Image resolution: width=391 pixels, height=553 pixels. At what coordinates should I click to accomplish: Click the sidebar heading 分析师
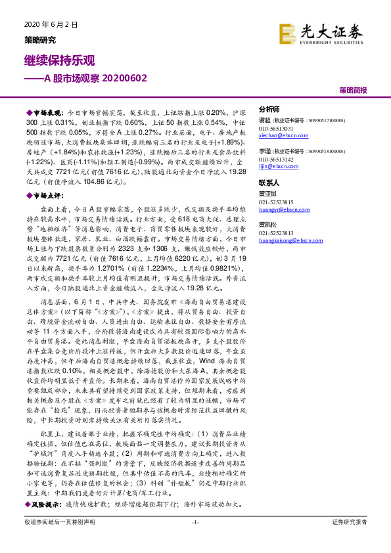tap(269, 110)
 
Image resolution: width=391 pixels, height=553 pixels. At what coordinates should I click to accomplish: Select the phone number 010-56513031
tap(276, 129)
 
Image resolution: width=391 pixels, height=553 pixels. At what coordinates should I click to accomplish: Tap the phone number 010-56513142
tap(276, 160)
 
